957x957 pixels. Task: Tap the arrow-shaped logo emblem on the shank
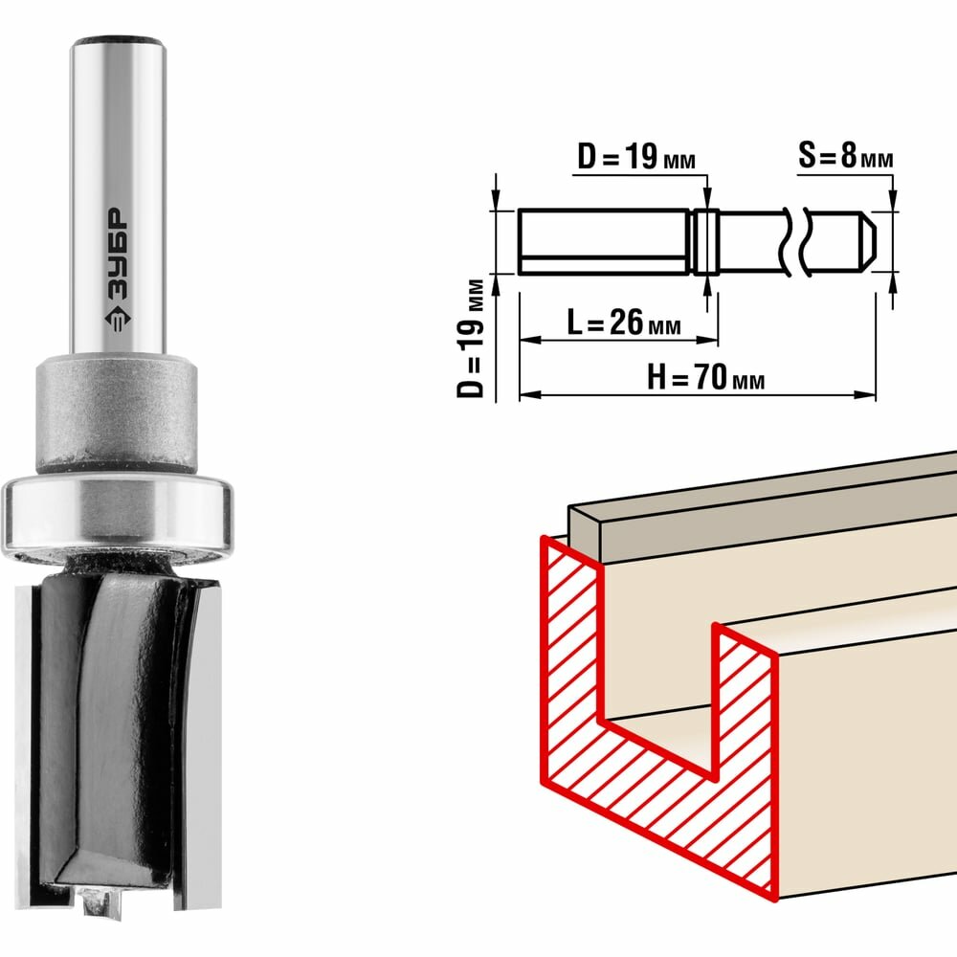[117, 318]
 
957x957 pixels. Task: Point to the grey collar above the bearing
[116, 417]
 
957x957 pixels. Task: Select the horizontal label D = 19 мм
[636, 158]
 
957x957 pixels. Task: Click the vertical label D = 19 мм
[471, 339]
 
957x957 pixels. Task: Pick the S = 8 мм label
[845, 156]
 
